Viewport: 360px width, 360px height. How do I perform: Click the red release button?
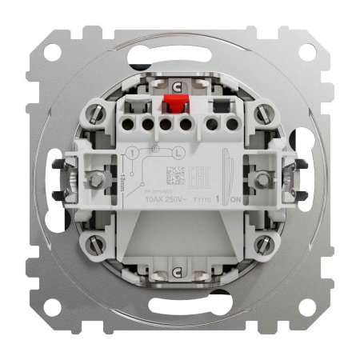[x=170, y=106]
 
